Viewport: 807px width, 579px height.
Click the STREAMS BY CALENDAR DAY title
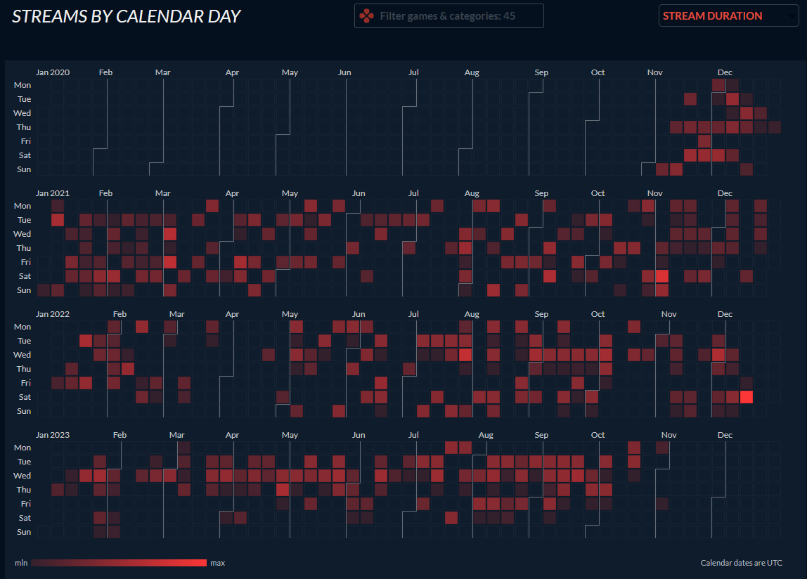(127, 16)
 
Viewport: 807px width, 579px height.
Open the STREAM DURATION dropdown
(728, 15)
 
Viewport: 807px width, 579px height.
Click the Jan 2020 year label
(53, 72)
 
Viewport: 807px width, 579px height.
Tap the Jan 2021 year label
(53, 193)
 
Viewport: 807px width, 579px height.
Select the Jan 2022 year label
(53, 314)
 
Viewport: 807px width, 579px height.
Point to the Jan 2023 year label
(53, 435)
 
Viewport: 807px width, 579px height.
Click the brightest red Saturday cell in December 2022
(747, 397)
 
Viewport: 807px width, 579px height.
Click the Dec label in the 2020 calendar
(725, 72)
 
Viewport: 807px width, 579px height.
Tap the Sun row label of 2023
(24, 532)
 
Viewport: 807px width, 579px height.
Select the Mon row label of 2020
(22, 85)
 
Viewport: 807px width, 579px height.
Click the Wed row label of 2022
(22, 355)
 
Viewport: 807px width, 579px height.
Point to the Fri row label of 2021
(25, 262)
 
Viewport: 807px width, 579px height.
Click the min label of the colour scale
(20, 563)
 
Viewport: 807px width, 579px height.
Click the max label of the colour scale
(218, 563)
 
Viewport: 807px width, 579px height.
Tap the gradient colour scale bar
(119, 563)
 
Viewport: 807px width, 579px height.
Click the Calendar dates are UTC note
(741, 563)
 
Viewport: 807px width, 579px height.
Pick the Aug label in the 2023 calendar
(485, 435)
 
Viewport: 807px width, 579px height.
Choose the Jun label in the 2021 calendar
(359, 193)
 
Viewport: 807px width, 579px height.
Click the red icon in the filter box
(366, 15)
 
